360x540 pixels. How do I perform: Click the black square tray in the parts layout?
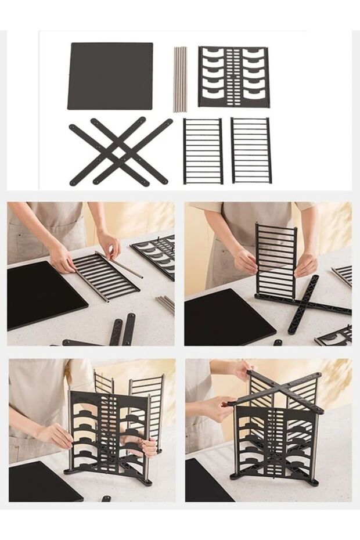(x=110, y=76)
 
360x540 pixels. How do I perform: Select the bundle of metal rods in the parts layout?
(x=180, y=79)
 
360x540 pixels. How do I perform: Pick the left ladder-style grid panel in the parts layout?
(x=203, y=151)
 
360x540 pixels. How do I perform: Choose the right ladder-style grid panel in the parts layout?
(x=251, y=150)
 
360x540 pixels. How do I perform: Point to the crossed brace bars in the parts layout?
(x=120, y=152)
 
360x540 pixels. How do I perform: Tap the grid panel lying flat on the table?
(x=106, y=276)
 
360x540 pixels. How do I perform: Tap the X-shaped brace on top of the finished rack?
(x=279, y=392)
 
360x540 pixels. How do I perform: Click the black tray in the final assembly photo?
(x=206, y=482)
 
